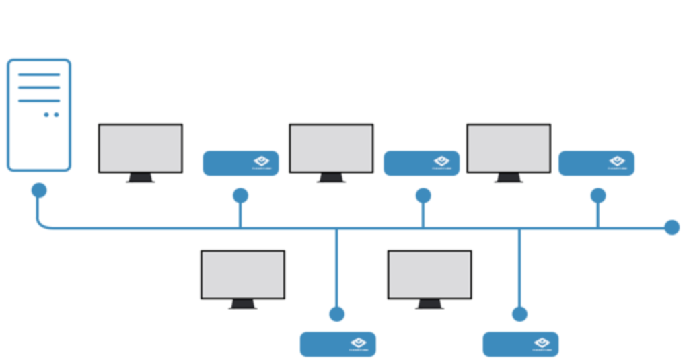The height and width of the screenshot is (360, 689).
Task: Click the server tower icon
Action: tap(39, 114)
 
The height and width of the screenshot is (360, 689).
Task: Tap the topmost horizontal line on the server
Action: tap(39, 74)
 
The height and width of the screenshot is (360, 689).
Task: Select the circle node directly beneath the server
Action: tap(39, 190)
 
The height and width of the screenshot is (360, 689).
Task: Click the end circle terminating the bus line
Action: tap(672, 227)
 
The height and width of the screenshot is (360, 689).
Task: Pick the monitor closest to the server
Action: tap(141, 149)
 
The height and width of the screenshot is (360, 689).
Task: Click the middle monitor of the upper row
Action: tap(331, 149)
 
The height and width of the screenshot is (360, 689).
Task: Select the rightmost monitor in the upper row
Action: tap(509, 149)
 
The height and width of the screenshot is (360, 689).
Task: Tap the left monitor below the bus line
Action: tap(243, 275)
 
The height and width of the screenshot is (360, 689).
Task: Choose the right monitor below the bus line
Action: tap(430, 275)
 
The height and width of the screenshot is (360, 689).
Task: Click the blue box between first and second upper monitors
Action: tap(241, 164)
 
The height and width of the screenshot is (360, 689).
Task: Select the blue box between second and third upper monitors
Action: tap(422, 164)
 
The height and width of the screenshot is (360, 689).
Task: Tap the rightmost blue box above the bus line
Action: tap(596, 164)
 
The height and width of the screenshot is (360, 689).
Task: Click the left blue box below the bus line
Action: tap(338, 345)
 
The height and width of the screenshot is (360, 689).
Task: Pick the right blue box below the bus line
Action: tap(520, 345)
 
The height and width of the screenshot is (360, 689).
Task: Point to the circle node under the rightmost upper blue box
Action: tap(597, 195)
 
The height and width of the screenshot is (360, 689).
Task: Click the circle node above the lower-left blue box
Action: tap(337, 314)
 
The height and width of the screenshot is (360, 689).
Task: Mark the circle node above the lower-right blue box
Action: tap(519, 314)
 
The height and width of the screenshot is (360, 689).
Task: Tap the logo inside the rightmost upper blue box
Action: tap(616, 162)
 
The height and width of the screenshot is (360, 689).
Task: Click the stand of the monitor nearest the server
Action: tap(141, 179)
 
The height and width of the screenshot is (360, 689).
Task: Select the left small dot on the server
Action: tap(46, 115)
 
